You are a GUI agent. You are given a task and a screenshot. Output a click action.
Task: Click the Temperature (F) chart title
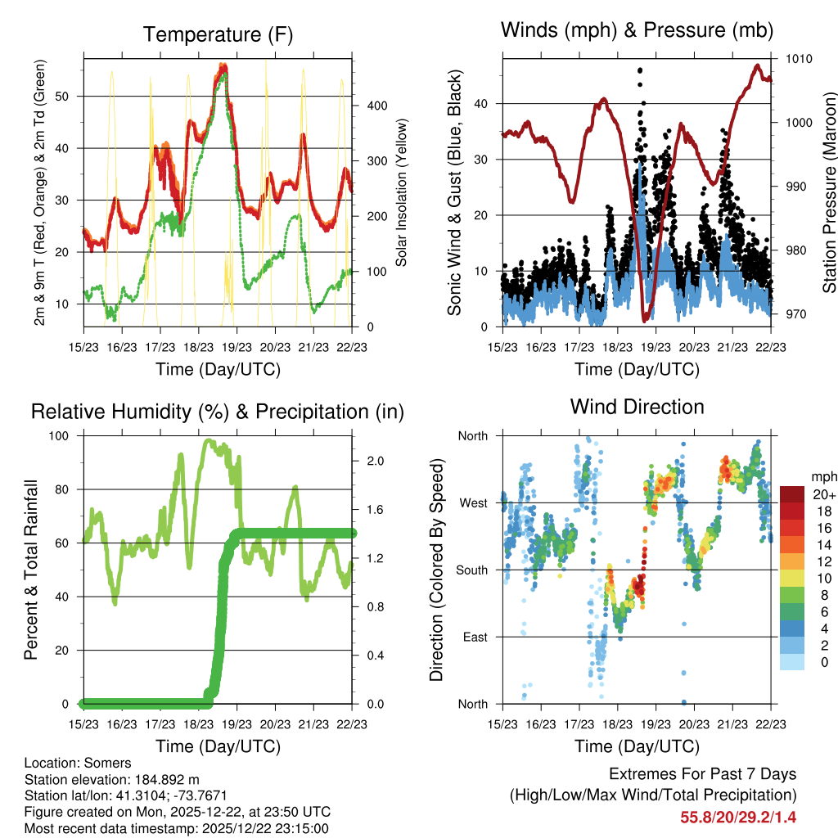218,34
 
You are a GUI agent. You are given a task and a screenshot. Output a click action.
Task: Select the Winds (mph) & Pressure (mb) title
637,30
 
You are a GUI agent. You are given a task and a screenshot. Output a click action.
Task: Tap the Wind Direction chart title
637,406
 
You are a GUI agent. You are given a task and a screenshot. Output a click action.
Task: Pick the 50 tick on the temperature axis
72,96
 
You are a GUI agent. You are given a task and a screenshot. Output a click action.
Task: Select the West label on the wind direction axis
474,502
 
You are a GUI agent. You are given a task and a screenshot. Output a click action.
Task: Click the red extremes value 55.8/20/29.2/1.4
738,817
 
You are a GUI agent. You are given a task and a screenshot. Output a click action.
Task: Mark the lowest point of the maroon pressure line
646,320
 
